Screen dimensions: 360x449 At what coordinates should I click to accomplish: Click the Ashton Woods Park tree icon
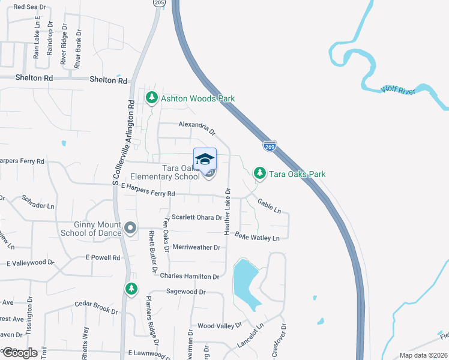tap(152, 98)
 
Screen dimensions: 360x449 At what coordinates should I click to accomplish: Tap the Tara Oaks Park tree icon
tap(259, 173)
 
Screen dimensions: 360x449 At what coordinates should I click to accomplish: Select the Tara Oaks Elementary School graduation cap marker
tap(205, 159)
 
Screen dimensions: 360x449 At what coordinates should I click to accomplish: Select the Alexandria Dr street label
tap(196, 127)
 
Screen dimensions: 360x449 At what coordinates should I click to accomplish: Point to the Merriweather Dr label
tap(196, 247)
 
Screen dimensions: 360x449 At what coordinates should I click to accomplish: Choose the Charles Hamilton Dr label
tap(190, 276)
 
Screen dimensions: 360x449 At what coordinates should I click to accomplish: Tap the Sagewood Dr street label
tap(186, 292)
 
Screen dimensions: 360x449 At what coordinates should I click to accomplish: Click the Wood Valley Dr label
tap(219, 326)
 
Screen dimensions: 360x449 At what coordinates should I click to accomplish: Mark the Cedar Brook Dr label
tap(96, 307)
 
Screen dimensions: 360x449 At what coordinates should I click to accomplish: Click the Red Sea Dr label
tap(30, 7)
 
